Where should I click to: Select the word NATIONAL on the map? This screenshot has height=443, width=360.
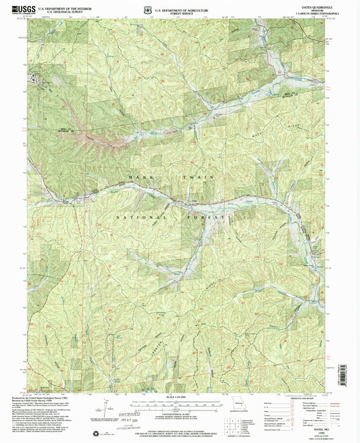click(142, 217)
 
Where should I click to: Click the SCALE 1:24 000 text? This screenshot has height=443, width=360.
click(180, 397)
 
